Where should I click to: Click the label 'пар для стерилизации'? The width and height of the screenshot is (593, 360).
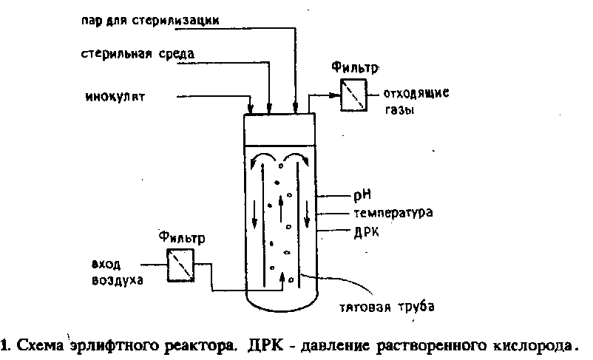(150, 20)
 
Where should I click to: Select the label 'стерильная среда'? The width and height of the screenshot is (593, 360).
(138, 53)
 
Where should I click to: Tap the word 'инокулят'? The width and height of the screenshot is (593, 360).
(115, 97)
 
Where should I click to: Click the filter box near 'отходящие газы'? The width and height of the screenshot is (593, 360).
(353, 95)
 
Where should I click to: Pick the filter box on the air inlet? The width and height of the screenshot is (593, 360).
(180, 265)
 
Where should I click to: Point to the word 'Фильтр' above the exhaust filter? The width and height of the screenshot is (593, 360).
(355, 68)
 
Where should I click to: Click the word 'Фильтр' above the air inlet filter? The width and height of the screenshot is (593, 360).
(182, 237)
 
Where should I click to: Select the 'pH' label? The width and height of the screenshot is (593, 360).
(362, 195)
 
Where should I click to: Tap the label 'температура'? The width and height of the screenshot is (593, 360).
(393, 213)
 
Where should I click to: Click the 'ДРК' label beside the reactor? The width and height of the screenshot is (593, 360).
(366, 232)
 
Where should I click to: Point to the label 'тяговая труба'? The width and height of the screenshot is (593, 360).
(387, 306)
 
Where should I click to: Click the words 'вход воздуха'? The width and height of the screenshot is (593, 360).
(118, 272)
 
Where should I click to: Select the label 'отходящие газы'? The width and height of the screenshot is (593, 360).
(416, 101)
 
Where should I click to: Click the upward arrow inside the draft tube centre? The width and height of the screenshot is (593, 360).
(281, 208)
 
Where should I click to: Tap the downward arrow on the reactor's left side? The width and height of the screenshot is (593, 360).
(254, 214)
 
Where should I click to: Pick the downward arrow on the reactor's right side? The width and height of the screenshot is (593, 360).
(307, 214)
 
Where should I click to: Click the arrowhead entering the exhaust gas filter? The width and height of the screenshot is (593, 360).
(335, 95)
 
